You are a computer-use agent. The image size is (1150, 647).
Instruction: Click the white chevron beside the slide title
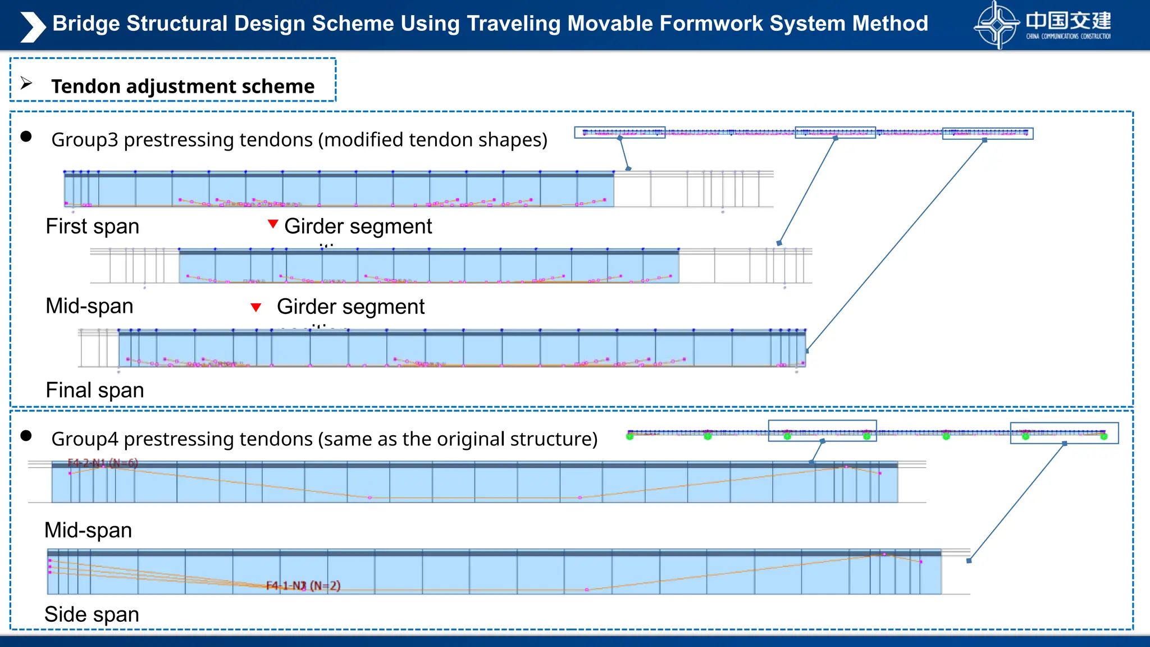33,26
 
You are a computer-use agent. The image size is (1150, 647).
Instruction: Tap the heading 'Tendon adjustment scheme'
182,86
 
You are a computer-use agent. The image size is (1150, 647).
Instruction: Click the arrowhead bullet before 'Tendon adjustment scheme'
26,83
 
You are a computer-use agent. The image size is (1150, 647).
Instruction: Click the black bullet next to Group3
26,136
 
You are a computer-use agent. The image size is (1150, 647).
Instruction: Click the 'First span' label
93,226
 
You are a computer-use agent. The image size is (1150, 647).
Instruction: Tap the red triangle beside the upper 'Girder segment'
273,224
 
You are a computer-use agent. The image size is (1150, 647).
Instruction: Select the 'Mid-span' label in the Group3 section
90,306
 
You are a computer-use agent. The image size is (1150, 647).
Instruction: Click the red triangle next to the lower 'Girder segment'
256,307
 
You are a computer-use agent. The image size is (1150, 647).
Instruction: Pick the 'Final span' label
95,390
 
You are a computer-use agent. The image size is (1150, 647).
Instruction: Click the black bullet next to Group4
26,436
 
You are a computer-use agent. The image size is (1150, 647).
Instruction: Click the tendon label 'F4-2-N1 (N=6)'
103,463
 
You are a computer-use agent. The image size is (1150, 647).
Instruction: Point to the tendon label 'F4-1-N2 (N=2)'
303,586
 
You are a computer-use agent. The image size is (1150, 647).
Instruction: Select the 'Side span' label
92,614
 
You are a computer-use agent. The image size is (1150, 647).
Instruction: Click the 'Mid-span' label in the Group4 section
88,530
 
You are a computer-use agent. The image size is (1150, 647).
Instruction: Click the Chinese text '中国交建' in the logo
1068,21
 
